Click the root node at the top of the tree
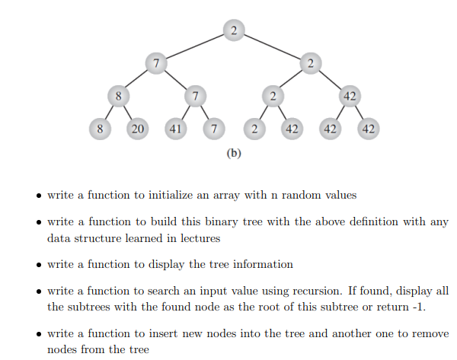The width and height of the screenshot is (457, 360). pyautogui.click(x=233, y=30)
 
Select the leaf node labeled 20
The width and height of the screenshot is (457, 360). pyautogui.click(x=137, y=129)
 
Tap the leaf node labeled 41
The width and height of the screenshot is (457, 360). pyautogui.click(x=176, y=129)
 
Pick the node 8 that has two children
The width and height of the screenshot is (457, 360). pyautogui.click(x=118, y=96)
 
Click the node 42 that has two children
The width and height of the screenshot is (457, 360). pyautogui.click(x=350, y=96)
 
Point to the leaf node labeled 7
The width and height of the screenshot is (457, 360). pyautogui.click(x=214, y=129)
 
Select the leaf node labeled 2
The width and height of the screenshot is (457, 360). pyautogui.click(x=253, y=129)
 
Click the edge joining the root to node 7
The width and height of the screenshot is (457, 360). pyautogui.click(x=194, y=46)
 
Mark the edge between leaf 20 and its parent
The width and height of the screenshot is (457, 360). pyautogui.click(x=128, y=113)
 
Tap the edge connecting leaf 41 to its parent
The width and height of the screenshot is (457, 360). pyautogui.click(x=186, y=113)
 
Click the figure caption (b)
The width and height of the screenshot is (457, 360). pyautogui.click(x=234, y=153)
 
